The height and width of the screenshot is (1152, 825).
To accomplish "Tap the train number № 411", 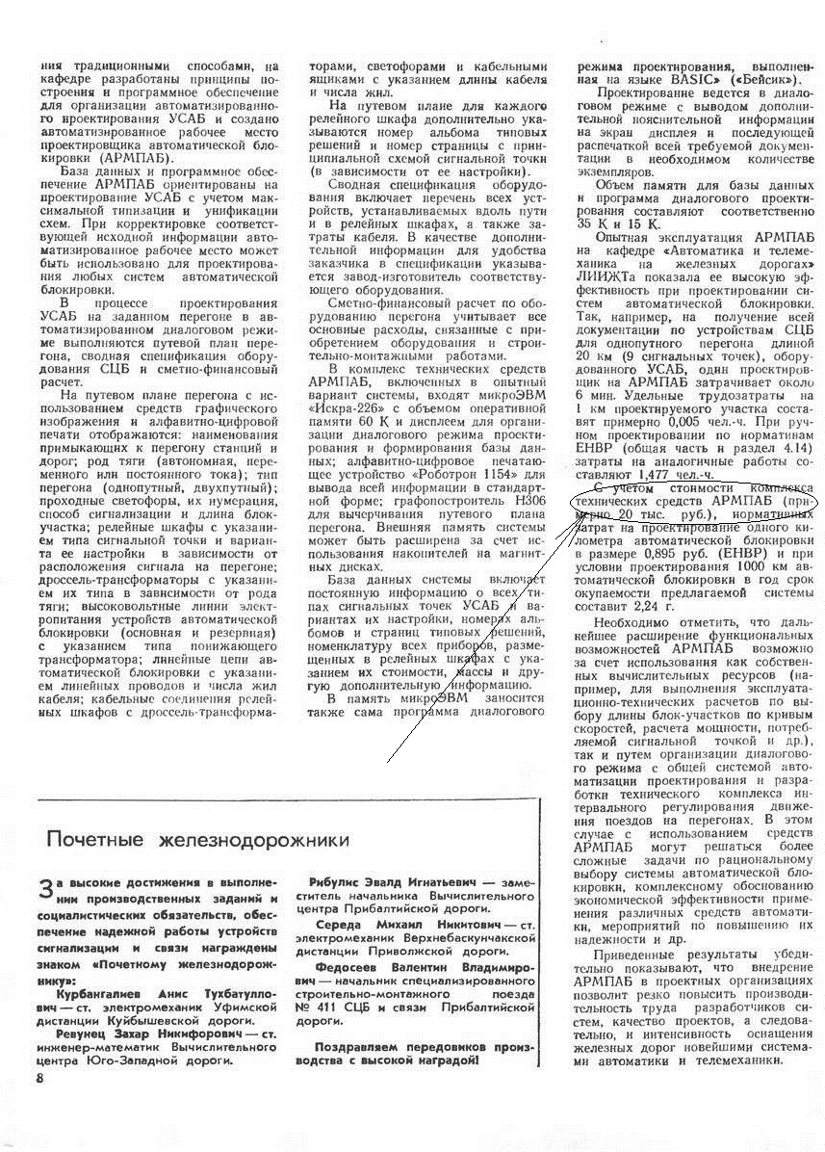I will [x=330, y=1007].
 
